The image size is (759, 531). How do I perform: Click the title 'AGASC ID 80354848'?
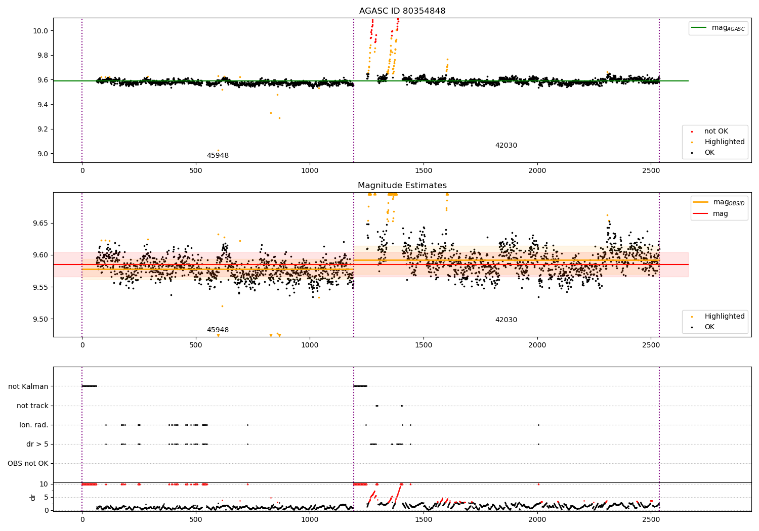pyautogui.click(x=402, y=11)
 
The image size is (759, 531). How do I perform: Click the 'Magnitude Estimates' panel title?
pyautogui.click(x=402, y=186)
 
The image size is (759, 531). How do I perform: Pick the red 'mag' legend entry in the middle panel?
pyautogui.click(x=720, y=214)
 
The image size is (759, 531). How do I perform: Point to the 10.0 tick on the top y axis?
pyautogui.click(x=41, y=31)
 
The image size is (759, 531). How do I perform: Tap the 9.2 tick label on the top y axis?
pyautogui.click(x=41, y=129)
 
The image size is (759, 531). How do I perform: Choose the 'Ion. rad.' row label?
pyautogui.click(x=34, y=425)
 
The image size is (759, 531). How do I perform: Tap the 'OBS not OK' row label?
pyautogui.click(x=28, y=464)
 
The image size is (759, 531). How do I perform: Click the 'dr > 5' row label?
pyautogui.click(x=37, y=445)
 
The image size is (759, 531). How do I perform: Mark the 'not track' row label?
pyautogui.click(x=32, y=406)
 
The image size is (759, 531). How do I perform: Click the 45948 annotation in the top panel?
pyautogui.click(x=218, y=156)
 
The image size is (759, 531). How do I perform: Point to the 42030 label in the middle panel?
pyautogui.click(x=506, y=320)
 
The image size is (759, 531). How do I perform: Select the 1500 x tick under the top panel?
pyautogui.click(x=424, y=171)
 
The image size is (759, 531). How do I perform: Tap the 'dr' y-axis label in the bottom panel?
pyautogui.click(x=33, y=497)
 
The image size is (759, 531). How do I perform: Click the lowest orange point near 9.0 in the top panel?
pyautogui.click(x=218, y=150)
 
